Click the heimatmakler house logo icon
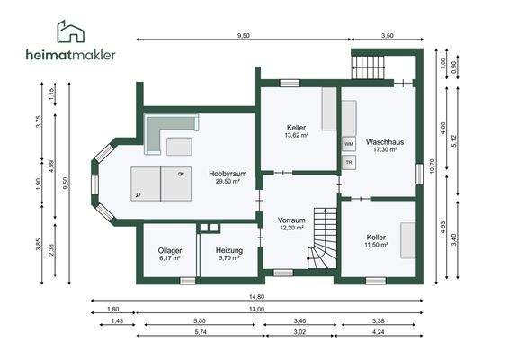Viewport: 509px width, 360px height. tap(71, 31)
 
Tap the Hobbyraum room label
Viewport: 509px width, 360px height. tap(228, 174)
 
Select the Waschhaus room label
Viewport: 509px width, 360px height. tap(385, 142)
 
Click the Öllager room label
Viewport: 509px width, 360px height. tap(170, 250)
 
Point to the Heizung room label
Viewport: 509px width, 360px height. tap(229, 250)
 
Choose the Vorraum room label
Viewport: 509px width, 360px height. tap(291, 220)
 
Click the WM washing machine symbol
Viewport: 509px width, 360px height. tap(349, 144)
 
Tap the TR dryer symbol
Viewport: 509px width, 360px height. tap(349, 162)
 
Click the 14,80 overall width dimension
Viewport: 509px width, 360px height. tap(256, 297)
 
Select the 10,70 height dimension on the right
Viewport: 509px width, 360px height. tap(432, 166)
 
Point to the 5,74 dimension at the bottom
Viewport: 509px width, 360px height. tap(201, 332)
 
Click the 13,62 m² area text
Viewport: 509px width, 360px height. tap(297, 135)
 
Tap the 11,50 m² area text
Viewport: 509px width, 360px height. tap(376, 245)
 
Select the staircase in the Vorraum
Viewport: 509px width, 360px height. tap(322, 238)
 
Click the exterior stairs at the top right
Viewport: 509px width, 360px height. tap(368, 67)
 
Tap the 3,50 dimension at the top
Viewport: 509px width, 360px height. tap(388, 35)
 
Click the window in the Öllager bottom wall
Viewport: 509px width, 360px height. tap(188, 281)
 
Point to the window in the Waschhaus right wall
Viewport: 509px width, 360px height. tap(419, 174)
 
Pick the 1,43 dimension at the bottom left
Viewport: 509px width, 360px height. tap(117, 321)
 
